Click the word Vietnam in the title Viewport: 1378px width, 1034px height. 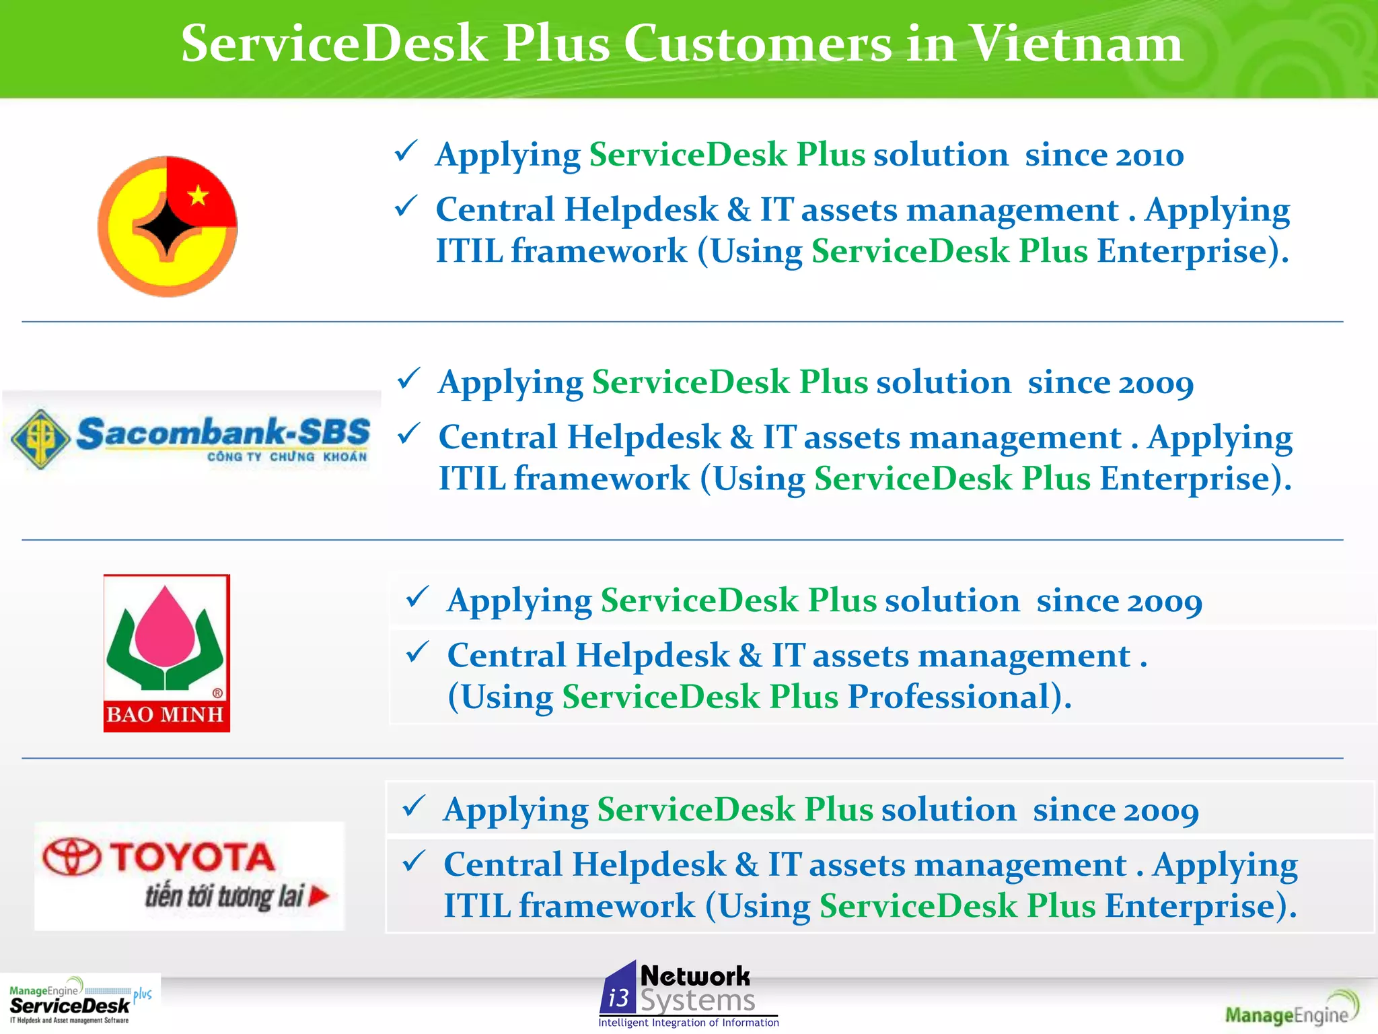(x=1077, y=44)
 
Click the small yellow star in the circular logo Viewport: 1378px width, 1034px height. (x=198, y=196)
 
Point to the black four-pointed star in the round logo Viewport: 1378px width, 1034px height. (x=168, y=227)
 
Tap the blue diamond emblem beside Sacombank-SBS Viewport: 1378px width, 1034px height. (x=41, y=439)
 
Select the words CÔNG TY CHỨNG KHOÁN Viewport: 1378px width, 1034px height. (x=287, y=457)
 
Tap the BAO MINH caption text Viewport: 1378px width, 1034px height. (x=166, y=715)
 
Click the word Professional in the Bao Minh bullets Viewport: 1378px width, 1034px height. (x=949, y=697)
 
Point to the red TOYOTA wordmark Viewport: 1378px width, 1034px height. (x=192, y=858)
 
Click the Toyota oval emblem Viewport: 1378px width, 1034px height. (x=71, y=857)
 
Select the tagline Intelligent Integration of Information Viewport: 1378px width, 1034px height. (x=688, y=1023)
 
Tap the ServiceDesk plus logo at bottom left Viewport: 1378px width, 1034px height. (x=79, y=1003)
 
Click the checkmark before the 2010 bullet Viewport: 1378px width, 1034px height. (x=406, y=151)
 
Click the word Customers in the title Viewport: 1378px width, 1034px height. (x=758, y=44)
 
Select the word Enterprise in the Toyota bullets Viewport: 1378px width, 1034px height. (x=1191, y=907)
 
